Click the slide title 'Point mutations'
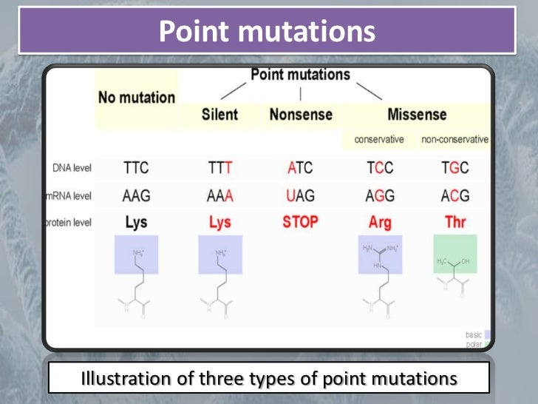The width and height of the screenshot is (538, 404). [x=268, y=32]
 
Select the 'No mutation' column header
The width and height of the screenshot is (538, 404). [x=137, y=97]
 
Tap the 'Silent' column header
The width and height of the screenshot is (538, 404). [x=219, y=115]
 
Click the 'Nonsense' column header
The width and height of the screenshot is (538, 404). [x=300, y=115]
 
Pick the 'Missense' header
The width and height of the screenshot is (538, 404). [x=417, y=115]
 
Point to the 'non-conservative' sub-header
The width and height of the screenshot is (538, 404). [x=454, y=139]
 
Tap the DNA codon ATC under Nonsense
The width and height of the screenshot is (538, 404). [x=300, y=168]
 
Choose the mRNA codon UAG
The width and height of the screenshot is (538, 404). [x=300, y=196]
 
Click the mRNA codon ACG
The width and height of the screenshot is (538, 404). [x=455, y=196]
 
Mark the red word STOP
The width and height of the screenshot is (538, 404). [x=300, y=222]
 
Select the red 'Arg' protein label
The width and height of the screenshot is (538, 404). [x=380, y=223]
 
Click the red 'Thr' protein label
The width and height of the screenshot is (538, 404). [x=455, y=223]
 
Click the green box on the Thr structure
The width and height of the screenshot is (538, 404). [x=455, y=255]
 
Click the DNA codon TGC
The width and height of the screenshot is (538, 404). [x=455, y=168]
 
